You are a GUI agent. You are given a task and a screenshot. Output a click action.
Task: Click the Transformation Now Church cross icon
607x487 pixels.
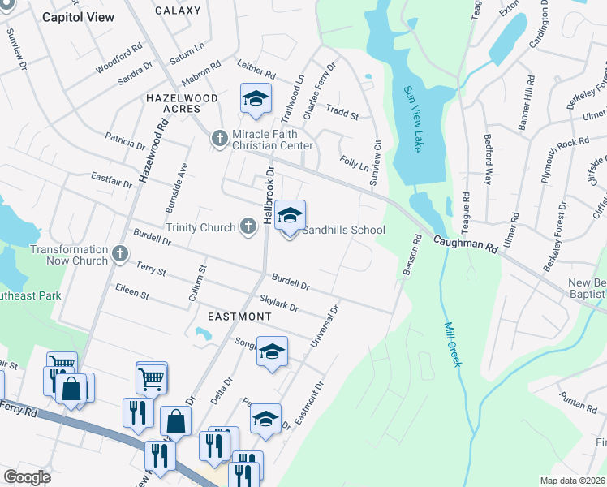120,255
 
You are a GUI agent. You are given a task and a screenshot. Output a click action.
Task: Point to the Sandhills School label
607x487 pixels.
343,230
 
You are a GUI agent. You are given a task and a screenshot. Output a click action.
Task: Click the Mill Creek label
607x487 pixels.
453,344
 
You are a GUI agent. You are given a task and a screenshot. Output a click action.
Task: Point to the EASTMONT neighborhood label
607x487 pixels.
239,315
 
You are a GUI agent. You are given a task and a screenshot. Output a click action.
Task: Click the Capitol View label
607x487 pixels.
78,16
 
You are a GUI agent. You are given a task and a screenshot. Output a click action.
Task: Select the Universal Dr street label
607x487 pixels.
323,325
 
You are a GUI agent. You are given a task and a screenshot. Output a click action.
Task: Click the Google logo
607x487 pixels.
28,477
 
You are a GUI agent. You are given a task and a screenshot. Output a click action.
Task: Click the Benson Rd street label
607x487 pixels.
411,255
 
